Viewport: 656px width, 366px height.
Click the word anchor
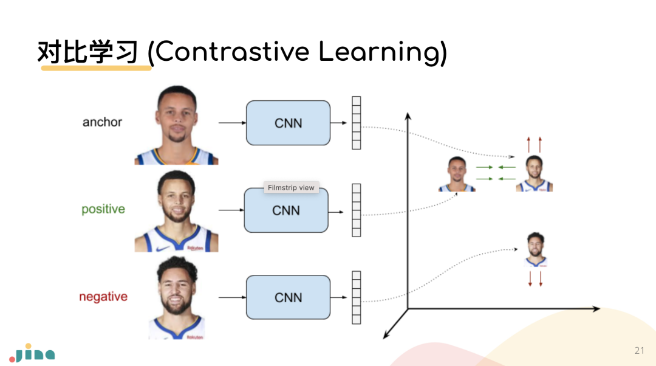tap(102, 122)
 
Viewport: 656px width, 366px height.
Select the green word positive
tap(103, 209)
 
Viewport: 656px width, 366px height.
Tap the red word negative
tap(103, 297)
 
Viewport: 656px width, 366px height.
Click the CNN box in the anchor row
tap(288, 123)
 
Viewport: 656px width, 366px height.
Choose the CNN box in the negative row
tap(288, 297)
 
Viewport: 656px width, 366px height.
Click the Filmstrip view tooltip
tap(291, 188)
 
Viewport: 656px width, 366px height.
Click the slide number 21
tap(639, 351)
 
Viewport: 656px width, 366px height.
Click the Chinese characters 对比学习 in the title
tap(89, 52)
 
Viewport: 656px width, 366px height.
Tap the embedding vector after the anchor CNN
tap(357, 123)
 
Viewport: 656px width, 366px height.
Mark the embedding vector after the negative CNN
tap(357, 297)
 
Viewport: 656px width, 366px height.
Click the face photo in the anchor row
tap(176, 125)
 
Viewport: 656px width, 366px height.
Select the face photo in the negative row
tap(177, 298)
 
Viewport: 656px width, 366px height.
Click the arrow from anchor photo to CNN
tap(231, 123)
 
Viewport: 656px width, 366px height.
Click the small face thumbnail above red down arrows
tap(536, 249)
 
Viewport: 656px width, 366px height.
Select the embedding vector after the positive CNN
tap(357, 210)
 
